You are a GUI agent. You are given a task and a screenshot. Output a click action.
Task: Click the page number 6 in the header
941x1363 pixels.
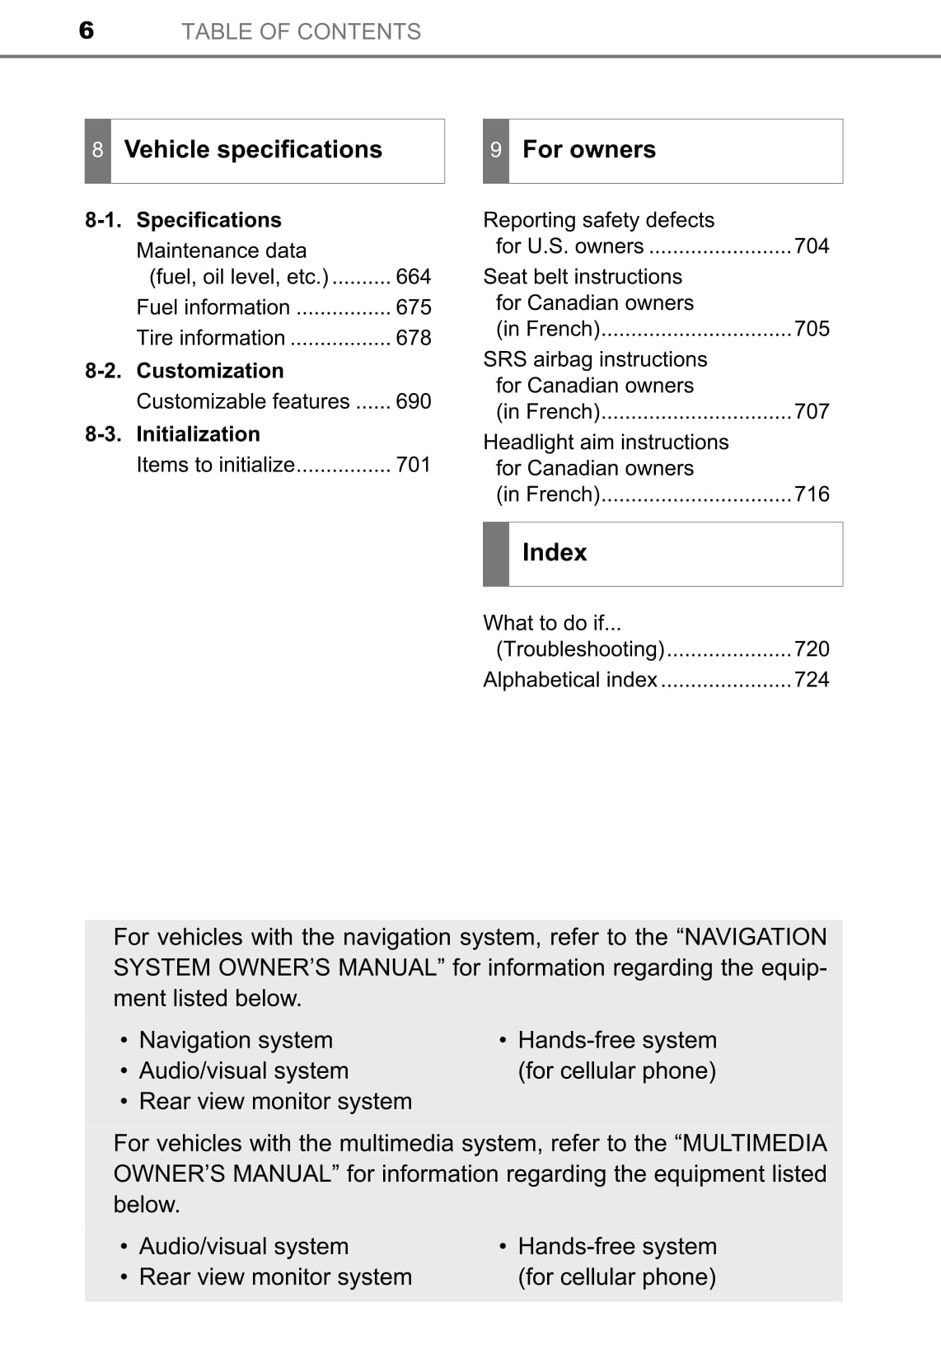point(87,30)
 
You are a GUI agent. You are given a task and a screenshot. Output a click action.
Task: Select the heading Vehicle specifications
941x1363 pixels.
point(253,149)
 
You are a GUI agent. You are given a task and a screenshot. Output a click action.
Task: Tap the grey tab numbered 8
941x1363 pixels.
point(98,150)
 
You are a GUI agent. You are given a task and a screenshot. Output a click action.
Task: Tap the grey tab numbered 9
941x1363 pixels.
point(496,150)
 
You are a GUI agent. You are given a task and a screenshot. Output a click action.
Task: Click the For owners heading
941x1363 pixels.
point(589,149)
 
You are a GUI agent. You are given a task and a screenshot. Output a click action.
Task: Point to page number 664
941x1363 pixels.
point(414,277)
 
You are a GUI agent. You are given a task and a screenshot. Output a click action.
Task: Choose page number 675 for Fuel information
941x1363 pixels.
point(414,307)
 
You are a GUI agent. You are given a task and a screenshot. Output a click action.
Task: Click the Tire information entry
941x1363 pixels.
point(211,338)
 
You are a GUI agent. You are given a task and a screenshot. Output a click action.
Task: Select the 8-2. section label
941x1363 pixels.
point(103,371)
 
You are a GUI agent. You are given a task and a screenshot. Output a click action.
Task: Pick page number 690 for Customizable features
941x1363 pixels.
point(414,401)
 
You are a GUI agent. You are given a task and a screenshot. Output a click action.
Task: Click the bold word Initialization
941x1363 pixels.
point(198,434)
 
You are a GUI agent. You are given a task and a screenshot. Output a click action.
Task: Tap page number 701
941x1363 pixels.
point(414,465)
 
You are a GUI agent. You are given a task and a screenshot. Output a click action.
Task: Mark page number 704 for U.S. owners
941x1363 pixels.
point(812,246)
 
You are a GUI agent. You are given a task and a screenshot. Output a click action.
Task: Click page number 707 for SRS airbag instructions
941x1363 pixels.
point(812,411)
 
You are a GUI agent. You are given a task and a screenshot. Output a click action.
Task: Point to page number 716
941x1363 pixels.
point(812,494)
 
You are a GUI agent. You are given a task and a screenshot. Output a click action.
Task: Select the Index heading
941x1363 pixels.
point(555,552)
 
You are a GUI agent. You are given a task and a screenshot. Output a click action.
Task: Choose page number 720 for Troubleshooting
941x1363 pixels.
point(812,649)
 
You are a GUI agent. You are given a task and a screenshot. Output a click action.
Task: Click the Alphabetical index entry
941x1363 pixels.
point(570,680)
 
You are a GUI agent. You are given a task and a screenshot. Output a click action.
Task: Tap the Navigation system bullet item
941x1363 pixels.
point(236,1040)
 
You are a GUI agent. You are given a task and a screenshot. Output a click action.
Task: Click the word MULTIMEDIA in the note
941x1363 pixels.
point(755,1143)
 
